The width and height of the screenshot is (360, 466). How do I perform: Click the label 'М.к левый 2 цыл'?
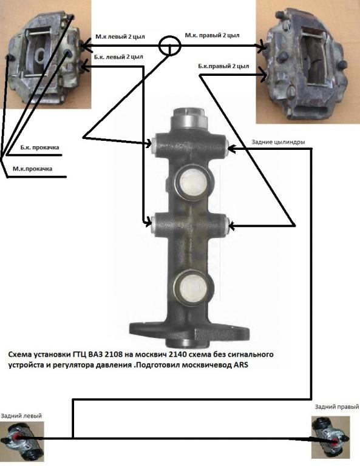tap(120, 37)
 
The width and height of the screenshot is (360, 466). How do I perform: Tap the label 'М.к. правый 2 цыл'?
tap(212, 35)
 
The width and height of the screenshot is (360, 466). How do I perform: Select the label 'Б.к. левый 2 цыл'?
tap(118, 57)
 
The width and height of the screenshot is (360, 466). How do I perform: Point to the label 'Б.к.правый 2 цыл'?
tap(223, 66)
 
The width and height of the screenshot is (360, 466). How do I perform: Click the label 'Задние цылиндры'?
tap(278, 142)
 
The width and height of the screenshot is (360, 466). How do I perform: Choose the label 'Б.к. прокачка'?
tap(40, 147)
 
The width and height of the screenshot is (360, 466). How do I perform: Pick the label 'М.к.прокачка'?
tap(32, 169)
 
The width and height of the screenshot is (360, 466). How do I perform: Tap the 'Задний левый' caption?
tap(21, 416)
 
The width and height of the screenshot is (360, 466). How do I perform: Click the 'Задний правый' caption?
tap(337, 407)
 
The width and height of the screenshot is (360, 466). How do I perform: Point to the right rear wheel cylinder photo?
tap(331, 437)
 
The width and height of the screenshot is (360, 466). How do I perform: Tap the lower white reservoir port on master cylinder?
tap(192, 287)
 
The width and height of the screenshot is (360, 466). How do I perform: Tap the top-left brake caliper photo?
tap(46, 55)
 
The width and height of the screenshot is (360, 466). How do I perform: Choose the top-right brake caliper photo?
tap(308, 61)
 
